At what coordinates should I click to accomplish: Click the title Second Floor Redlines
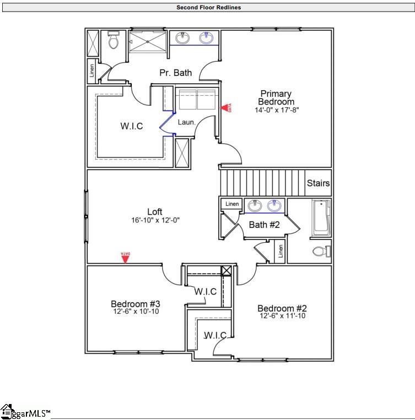208,8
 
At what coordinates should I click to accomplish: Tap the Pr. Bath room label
175,73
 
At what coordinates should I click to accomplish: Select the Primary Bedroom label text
276,98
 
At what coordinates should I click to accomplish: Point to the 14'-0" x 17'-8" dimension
276,110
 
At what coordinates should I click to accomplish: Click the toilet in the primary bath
114,40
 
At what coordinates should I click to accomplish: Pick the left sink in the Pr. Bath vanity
182,38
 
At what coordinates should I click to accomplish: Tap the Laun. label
186,122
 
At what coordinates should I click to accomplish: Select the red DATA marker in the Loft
126,257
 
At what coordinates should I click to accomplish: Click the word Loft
155,212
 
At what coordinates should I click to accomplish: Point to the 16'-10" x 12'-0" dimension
155,220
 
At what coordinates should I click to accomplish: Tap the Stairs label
318,183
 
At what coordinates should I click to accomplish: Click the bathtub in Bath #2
320,218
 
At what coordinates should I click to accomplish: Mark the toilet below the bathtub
321,252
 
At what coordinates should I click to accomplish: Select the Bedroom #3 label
135,304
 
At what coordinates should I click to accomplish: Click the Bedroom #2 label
282,308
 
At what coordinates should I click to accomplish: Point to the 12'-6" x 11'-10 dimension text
282,316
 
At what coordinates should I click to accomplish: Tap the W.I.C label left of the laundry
132,126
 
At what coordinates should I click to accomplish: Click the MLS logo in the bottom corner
25,411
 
